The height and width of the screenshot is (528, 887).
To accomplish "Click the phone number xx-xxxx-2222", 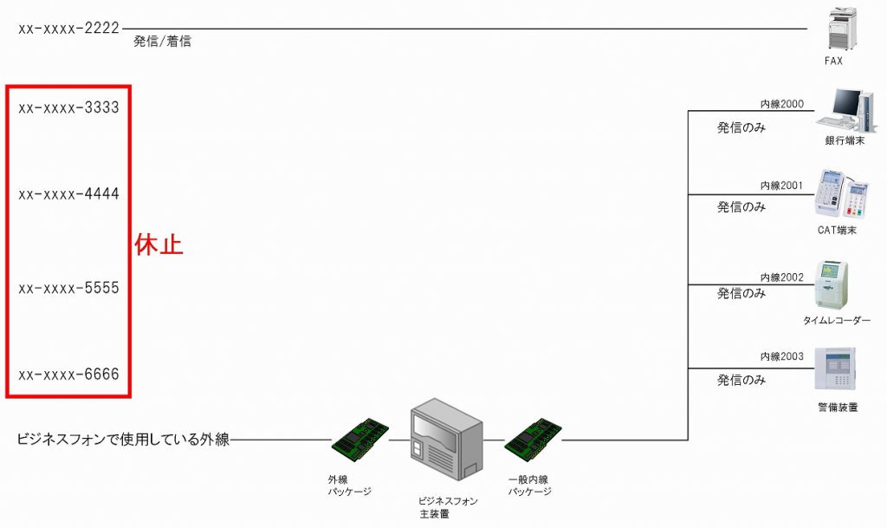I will click(68, 29).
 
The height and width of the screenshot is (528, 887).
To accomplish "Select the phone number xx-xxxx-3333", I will click(68, 108).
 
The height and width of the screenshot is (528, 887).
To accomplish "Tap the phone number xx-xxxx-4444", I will click(68, 193).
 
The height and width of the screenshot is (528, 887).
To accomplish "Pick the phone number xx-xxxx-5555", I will click(68, 288).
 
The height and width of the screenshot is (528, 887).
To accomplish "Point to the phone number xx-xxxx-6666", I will click(68, 375).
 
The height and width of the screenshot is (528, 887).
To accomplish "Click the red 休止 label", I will click(159, 244).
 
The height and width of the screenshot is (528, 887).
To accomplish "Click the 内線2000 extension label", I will click(782, 104).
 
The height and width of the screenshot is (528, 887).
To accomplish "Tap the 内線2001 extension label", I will click(782, 186).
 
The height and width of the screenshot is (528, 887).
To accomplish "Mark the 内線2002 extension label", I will click(782, 277).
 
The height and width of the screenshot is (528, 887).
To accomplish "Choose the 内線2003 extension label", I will click(782, 356).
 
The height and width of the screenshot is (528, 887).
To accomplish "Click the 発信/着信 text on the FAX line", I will click(162, 41).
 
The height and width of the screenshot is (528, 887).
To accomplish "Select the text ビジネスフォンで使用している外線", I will click(123, 440).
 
